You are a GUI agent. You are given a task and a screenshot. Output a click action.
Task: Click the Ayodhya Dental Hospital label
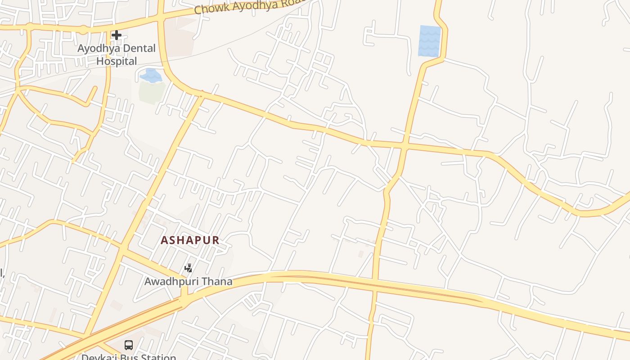[x=117, y=54]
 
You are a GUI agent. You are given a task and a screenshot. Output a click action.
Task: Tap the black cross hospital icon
[x=117, y=35]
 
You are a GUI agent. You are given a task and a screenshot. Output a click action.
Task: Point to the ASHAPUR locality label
[x=190, y=240]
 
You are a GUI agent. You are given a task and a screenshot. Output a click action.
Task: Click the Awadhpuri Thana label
[x=188, y=282]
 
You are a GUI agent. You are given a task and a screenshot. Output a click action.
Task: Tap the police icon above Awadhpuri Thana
[x=189, y=268]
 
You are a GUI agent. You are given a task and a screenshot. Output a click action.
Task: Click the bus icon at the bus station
[x=129, y=345]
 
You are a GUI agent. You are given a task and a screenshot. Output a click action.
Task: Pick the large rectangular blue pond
[x=429, y=41]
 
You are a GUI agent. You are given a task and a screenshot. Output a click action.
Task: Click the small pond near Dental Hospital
[x=150, y=75]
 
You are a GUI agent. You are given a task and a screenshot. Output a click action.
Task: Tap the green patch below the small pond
[x=152, y=92]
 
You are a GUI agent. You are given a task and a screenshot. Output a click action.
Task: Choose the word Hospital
[x=117, y=61]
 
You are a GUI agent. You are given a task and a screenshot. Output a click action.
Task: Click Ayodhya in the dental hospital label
[x=96, y=48]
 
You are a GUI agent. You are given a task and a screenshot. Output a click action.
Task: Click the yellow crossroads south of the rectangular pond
[x=404, y=146]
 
